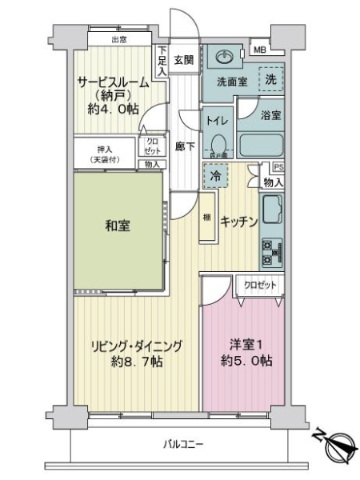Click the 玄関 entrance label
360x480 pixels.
point(183,59)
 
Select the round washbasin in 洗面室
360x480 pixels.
point(222,58)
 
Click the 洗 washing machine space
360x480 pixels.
point(272,79)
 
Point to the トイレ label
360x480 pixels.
point(217,122)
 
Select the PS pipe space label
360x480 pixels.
point(278,167)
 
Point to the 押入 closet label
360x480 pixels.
point(105,150)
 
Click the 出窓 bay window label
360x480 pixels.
point(120,38)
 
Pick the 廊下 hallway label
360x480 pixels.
point(183,148)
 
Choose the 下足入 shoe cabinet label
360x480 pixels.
point(161,61)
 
